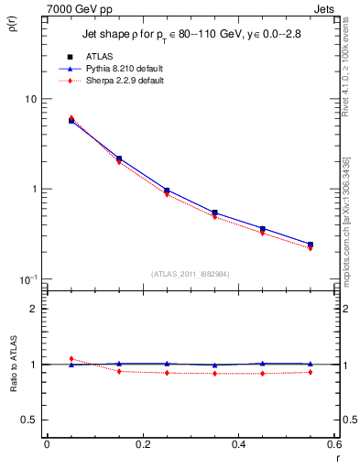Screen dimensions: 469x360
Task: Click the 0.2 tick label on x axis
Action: coord(142,443)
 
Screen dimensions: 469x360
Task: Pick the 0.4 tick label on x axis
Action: coord(238,443)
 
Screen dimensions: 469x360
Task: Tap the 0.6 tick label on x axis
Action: coord(333,443)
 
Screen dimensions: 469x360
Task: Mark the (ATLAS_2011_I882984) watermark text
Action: coord(190,273)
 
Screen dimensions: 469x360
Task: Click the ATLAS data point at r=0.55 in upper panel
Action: coord(311,245)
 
